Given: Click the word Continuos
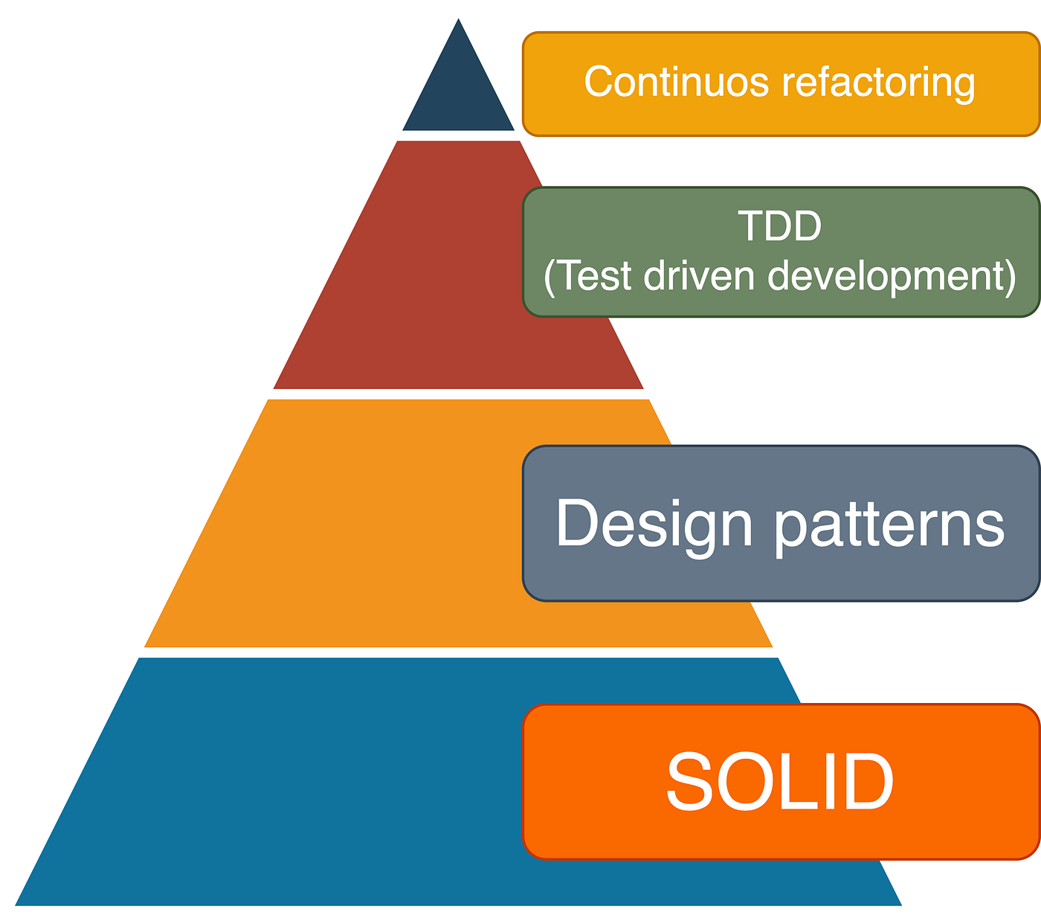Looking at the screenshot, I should point(676,82).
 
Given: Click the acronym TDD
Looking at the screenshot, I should point(779,226).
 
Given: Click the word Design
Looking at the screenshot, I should point(654,525).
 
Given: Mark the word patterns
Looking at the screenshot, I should point(889,525).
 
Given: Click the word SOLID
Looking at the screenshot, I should point(779,782).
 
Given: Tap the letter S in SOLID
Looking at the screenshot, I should point(688,782).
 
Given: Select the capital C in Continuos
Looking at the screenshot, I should point(598,82).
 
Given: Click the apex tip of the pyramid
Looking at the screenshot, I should point(459,21).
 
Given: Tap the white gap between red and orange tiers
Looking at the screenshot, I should point(457,394).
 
